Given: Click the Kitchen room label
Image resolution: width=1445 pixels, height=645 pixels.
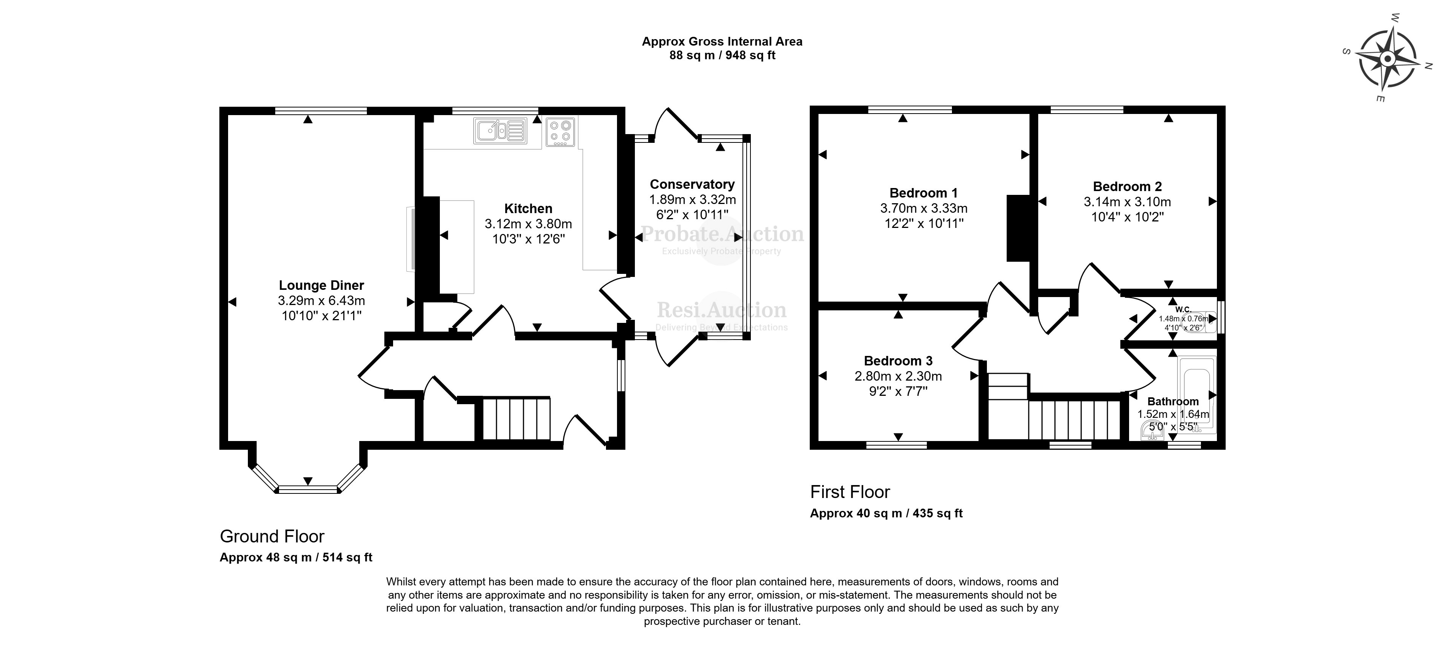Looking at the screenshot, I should pos(528,209).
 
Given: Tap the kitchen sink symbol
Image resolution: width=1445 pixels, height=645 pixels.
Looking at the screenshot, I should pos(500,131).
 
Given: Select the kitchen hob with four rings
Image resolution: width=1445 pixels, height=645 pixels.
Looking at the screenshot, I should pos(560,132).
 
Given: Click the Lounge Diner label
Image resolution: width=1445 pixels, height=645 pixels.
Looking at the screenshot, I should pos(321,285).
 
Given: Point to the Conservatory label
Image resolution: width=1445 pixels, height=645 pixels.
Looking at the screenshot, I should pos(692,184).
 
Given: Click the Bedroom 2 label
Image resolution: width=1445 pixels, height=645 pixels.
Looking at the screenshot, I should pos(1127,187).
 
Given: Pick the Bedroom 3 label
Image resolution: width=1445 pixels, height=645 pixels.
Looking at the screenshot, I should pos(898,361).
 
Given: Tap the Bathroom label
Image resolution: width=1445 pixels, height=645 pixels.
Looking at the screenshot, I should pos(1173,401).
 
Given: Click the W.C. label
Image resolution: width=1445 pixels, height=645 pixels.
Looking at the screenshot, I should pos(1183,309).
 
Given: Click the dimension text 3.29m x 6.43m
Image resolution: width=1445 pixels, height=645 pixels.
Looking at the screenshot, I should pos(321,301).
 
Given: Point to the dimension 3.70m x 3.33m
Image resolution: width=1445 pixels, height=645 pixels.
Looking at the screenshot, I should pos(923,209).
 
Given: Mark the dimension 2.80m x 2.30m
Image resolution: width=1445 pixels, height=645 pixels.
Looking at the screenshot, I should pos(898,376).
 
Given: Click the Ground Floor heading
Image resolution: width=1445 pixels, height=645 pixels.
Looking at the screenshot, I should pos(272,536).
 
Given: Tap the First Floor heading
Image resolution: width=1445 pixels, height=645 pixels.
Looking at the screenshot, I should pos(850,492).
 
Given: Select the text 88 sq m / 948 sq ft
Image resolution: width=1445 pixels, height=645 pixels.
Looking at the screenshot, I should pos(722,55).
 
